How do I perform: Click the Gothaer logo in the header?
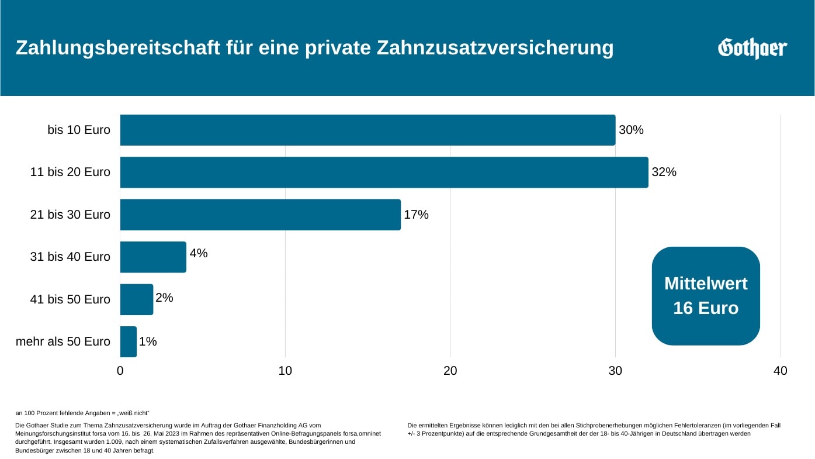click(x=752, y=48)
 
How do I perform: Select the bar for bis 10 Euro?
click(x=367, y=130)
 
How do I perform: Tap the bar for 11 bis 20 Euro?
click(x=384, y=172)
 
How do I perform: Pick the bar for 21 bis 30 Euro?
click(x=260, y=215)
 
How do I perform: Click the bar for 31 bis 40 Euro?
click(x=153, y=257)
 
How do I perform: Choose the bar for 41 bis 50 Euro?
click(x=137, y=299)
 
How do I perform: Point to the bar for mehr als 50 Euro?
click(x=129, y=341)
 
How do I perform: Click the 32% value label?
click(x=664, y=172)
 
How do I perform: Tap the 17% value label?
click(x=416, y=215)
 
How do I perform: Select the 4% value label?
click(x=199, y=253)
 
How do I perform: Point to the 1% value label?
click(x=148, y=341)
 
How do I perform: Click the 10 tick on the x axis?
click(x=285, y=371)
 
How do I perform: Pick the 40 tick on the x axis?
click(x=780, y=371)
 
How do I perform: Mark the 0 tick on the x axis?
click(x=120, y=371)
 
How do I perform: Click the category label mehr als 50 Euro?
click(x=63, y=341)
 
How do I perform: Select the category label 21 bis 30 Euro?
click(x=70, y=215)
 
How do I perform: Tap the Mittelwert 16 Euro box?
click(x=706, y=296)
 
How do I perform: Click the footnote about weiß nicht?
click(x=82, y=413)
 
